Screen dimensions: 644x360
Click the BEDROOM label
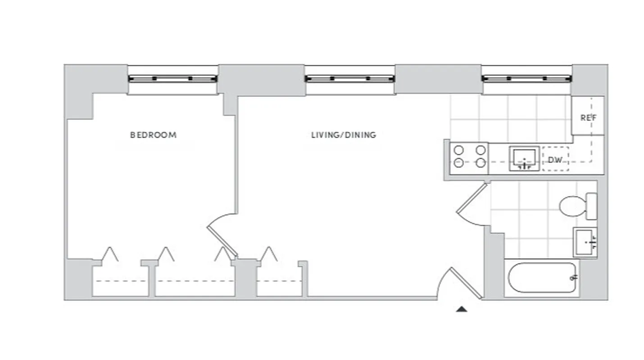coord(153,135)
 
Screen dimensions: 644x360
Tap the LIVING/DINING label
coord(344,135)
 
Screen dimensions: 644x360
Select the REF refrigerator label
coord(588,118)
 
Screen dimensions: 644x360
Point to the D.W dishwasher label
coord(554,160)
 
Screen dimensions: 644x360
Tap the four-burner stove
coord(470,157)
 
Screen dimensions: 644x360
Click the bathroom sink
coord(585,242)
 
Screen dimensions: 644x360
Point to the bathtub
coord(542,278)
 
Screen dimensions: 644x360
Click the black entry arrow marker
coord(462,309)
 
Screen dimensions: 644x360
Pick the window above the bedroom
coord(172,79)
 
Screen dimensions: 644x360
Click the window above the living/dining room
coord(349,79)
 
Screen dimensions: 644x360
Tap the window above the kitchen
coord(526,79)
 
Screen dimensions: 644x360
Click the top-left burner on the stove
coord(459,150)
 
